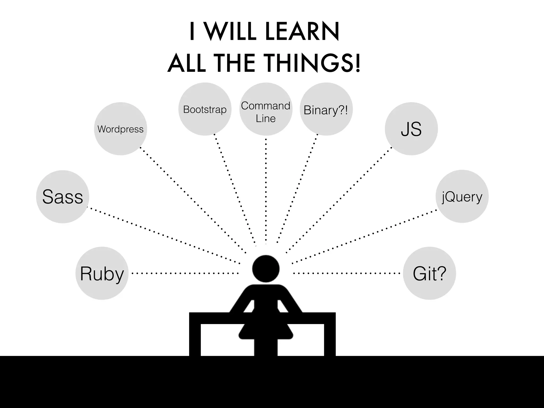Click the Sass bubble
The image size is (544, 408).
[63, 197]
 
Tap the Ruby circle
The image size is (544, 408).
[102, 273]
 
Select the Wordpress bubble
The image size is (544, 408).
[121, 129]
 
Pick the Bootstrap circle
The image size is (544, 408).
[205, 109]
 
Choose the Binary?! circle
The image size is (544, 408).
[326, 109]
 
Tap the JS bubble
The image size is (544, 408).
[411, 129]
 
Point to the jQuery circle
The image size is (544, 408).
[462, 197]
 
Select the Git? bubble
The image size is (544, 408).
[430, 273]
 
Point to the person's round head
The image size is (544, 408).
[266, 269]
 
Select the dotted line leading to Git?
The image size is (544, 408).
[347, 273]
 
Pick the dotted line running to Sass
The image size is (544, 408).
[165, 235]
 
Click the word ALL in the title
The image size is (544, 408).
[187, 63]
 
